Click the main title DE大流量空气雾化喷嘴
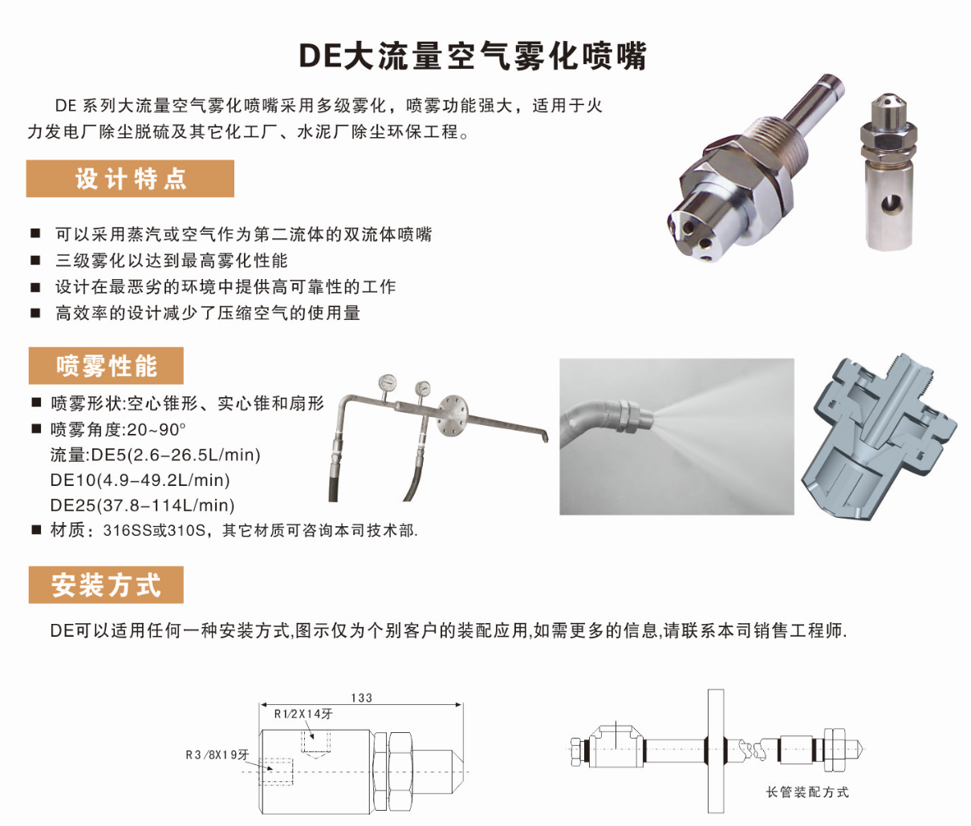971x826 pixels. coord(473,56)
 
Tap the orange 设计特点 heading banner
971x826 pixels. coord(130,179)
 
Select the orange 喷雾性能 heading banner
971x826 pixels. coord(106,366)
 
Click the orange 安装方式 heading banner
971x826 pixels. coord(106,585)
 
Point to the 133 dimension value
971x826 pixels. coord(361,698)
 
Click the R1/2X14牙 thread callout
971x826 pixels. coord(303,715)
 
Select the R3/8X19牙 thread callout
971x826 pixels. coord(217,755)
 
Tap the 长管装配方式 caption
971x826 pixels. coord(807,792)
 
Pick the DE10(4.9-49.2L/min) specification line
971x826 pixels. coord(140,480)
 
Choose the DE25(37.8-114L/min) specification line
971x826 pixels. coord(142,506)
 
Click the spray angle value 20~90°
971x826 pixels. coord(156,430)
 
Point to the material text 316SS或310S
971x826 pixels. coord(155,531)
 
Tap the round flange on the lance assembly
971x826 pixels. coord(453,415)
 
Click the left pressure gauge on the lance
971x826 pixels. coord(387,383)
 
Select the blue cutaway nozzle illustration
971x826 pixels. coord(879,437)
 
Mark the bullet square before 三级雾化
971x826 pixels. coord(35,260)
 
